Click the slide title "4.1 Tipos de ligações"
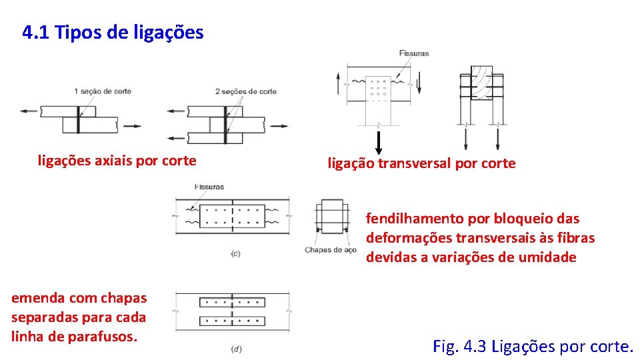coord(113,32)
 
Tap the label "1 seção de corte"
coord(102,91)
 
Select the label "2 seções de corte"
coord(246,91)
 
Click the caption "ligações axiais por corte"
coord(117,160)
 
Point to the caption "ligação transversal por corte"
coord(421,163)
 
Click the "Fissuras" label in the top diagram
coord(413,53)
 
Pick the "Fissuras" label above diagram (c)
coord(209,187)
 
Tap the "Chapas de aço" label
coord(331,250)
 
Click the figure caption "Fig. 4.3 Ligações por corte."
coord(533,347)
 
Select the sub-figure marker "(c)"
coord(235,255)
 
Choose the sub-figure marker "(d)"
coord(235,349)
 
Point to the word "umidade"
coord(550,257)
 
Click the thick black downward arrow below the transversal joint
coord(378,142)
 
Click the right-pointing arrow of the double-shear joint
coord(281,125)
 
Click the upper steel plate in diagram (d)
coord(232,302)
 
